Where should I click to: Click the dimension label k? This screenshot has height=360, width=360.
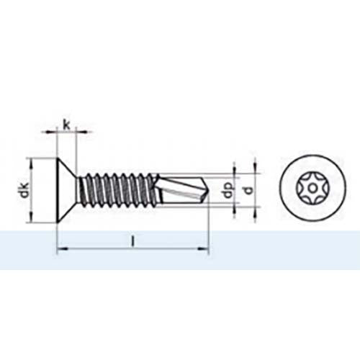(67, 125)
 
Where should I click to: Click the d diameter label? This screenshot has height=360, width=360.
(248, 191)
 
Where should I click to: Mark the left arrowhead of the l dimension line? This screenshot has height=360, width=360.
(60, 250)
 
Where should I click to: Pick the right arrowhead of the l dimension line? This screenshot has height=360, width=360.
(204, 250)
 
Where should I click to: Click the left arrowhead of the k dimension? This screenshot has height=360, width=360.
(53, 132)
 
